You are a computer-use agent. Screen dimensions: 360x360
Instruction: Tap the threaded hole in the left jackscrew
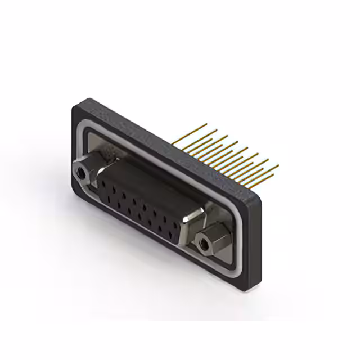83,174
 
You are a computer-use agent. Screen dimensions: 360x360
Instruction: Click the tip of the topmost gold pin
208,123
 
